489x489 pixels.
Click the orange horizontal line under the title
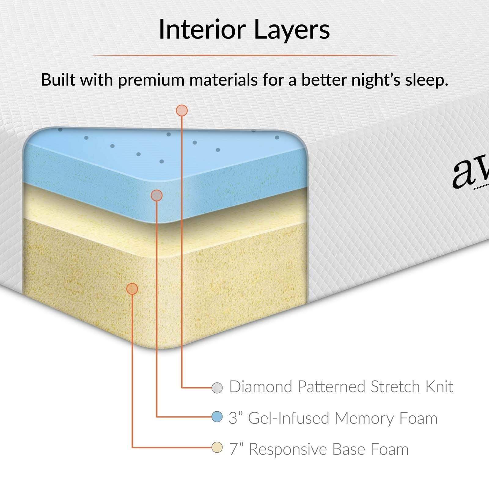(244, 55)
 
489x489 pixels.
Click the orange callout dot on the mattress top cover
(182, 110)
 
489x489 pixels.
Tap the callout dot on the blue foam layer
(156, 195)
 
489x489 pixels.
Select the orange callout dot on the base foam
(132, 289)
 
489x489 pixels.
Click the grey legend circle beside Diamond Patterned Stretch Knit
(217, 388)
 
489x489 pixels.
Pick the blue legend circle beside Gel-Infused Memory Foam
(217, 417)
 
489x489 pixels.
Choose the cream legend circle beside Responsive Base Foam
(217, 448)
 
